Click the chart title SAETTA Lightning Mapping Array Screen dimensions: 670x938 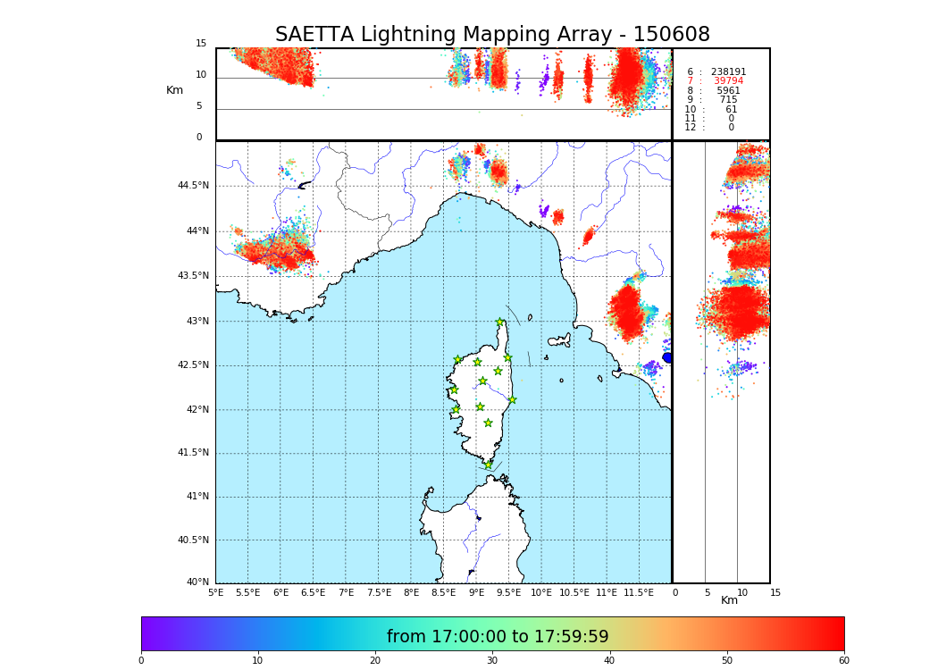point(492,35)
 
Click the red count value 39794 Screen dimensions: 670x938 point(728,81)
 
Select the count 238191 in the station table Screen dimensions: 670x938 point(728,72)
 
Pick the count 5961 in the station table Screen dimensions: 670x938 point(728,91)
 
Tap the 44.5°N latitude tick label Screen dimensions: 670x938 point(193,186)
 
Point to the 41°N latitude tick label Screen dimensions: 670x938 point(197,497)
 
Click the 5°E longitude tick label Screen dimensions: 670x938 point(215,592)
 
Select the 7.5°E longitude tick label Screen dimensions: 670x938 point(379,592)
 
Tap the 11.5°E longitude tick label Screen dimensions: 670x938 point(639,592)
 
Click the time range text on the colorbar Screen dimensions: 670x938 point(498,637)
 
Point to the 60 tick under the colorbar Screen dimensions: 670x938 point(843,661)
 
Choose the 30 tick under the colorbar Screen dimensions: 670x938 point(492,661)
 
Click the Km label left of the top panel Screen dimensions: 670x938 point(174,90)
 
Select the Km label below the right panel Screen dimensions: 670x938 point(730,601)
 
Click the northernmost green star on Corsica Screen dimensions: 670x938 point(500,322)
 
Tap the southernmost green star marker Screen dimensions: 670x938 point(488,465)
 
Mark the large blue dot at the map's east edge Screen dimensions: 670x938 point(667,357)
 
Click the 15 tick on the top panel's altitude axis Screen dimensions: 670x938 point(201,44)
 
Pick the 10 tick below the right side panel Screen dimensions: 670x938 point(742,592)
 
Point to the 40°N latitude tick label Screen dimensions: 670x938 point(197,582)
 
